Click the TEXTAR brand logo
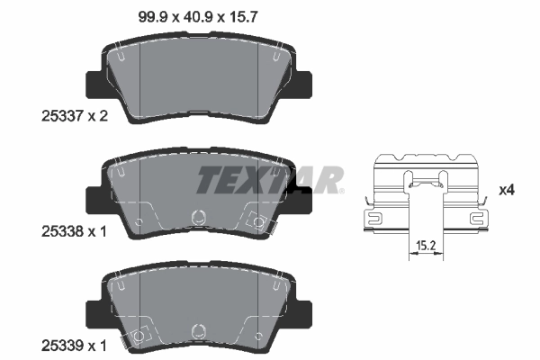point(270,179)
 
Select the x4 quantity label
point(507,191)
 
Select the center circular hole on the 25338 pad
point(197,216)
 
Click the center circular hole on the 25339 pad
point(197,331)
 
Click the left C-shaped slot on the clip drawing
point(374,216)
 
